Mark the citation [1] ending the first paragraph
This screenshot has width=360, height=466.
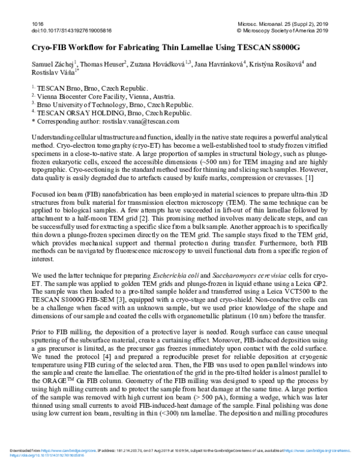pyautogui.click(x=325, y=178)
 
